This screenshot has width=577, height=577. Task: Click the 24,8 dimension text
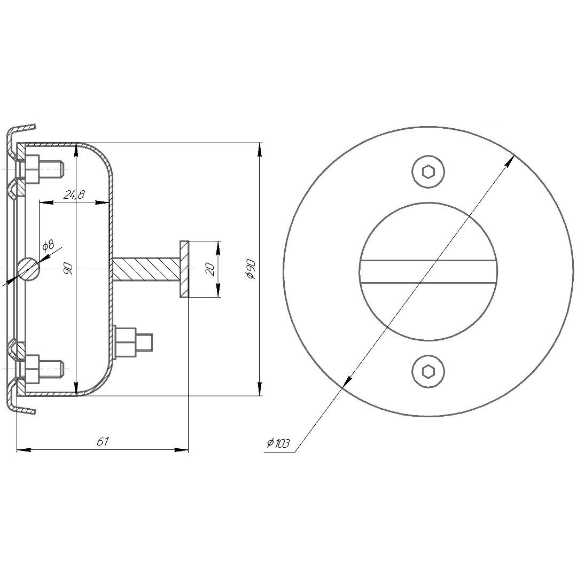pos(74,194)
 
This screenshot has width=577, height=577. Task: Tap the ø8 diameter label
pos(48,245)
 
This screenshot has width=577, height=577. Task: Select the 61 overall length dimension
pos(103,441)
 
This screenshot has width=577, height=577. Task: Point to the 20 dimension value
pos(210,269)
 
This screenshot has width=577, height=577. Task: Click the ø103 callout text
pos(278,443)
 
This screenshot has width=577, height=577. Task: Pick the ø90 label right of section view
pos(251,269)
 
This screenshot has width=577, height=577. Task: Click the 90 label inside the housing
pos(68,269)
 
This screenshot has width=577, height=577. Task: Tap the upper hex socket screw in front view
pos(428,172)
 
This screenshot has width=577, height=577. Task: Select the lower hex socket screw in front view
pos(428,371)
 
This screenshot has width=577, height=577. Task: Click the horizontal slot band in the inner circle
pos(428,272)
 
